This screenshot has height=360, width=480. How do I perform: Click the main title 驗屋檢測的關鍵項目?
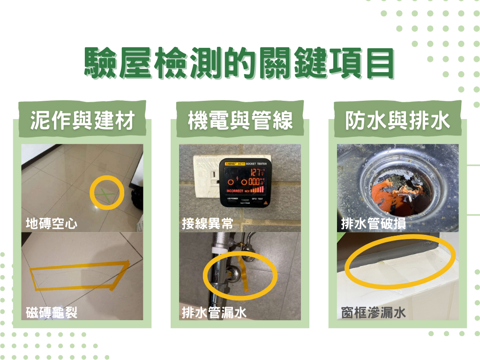tap(240, 63)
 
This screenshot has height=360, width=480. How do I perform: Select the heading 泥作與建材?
tap(82, 121)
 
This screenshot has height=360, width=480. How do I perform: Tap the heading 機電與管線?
tap(240, 121)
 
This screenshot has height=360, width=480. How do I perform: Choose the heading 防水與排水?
tap(397, 121)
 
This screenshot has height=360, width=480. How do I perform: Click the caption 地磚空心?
tap(52, 223)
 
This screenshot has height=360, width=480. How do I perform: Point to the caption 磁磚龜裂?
tap(52, 312)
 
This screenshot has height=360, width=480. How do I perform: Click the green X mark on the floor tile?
tap(107, 193)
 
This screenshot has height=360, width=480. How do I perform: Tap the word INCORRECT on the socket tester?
tap(235, 191)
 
